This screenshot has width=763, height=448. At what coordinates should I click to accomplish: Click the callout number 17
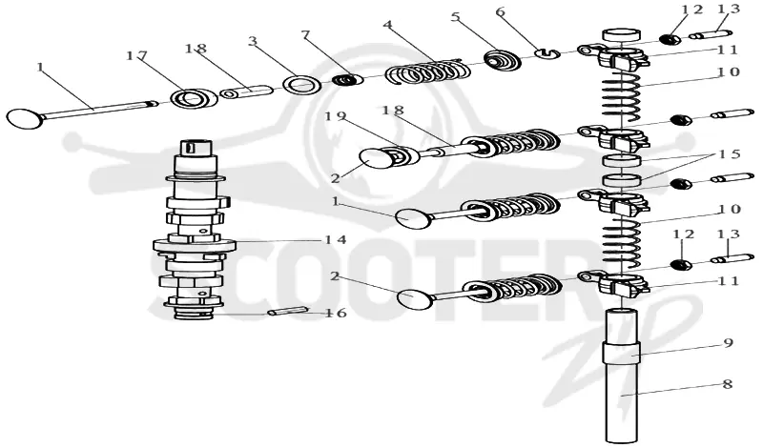[x=136, y=56]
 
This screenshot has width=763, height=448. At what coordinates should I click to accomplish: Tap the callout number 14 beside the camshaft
[x=337, y=240]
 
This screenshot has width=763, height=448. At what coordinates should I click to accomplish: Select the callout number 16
[x=337, y=313]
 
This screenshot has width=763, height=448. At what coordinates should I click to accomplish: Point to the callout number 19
[x=335, y=116]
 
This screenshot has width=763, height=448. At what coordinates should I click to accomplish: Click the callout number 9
[x=728, y=343]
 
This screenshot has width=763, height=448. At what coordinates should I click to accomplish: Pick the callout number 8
[x=728, y=384]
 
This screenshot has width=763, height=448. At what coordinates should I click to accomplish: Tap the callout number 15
[x=730, y=154]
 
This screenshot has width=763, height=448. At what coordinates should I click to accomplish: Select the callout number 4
[x=388, y=24]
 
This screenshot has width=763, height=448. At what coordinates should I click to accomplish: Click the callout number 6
[x=501, y=12]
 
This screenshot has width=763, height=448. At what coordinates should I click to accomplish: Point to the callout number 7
[x=305, y=35]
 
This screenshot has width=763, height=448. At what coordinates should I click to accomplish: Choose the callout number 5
[x=456, y=17]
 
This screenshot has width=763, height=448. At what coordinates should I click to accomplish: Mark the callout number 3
[x=252, y=41]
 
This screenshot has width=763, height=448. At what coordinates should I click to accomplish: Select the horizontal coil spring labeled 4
[x=428, y=71]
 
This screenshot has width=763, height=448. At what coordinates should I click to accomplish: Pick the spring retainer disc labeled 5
[x=503, y=61]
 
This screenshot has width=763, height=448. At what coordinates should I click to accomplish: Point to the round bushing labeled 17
[x=195, y=98]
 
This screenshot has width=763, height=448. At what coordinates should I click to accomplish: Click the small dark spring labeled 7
[x=348, y=79]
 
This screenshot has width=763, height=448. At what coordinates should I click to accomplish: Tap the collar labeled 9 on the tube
[x=622, y=353]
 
